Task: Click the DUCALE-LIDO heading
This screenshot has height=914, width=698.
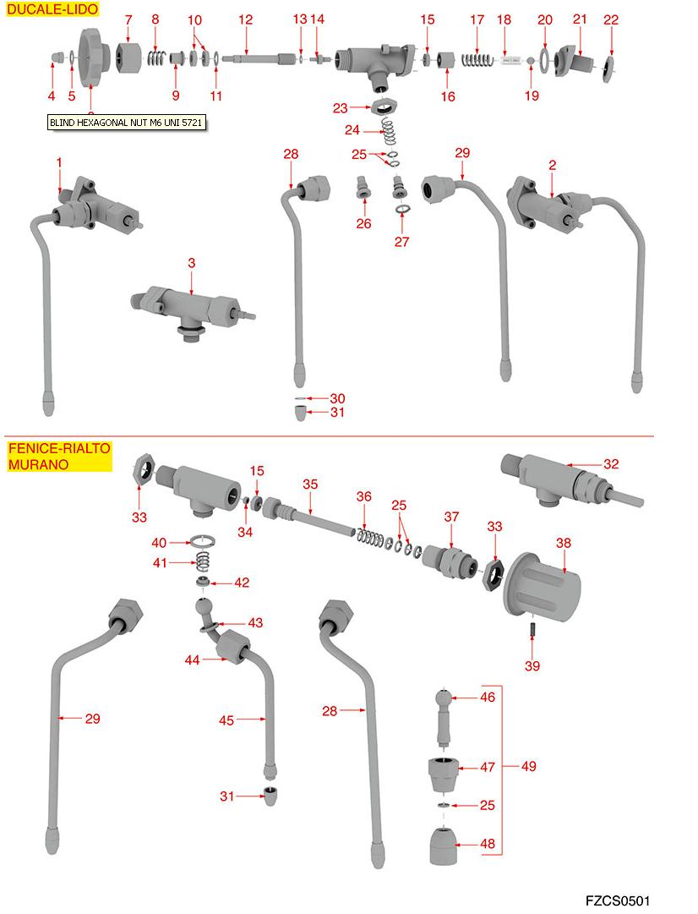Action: (52, 10)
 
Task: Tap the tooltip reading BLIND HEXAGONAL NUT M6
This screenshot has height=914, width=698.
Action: (127, 123)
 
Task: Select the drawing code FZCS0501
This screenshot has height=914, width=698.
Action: (617, 900)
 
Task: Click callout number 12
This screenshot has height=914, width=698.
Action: (245, 19)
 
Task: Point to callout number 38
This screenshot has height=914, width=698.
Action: (564, 543)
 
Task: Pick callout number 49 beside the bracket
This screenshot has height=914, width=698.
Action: (528, 767)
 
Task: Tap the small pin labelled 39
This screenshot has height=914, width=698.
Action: (532, 632)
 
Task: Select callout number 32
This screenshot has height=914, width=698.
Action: (611, 464)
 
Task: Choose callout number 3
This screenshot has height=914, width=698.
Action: (192, 264)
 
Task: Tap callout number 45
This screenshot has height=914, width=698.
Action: (226, 720)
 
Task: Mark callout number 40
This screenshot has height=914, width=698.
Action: (159, 543)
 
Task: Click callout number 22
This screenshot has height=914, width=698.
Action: (611, 19)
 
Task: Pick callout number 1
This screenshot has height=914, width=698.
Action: (60, 161)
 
